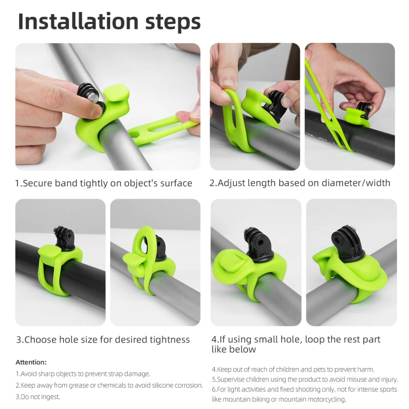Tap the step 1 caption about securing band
pos(104,183)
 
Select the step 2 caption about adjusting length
pos(300,183)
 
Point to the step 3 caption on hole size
pos(103,340)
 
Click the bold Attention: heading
pos(31,362)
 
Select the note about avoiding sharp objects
pos(82,374)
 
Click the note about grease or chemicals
pos(109,385)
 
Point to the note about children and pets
pos(293,369)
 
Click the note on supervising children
pos(305,380)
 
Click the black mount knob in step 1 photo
pos(88,98)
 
